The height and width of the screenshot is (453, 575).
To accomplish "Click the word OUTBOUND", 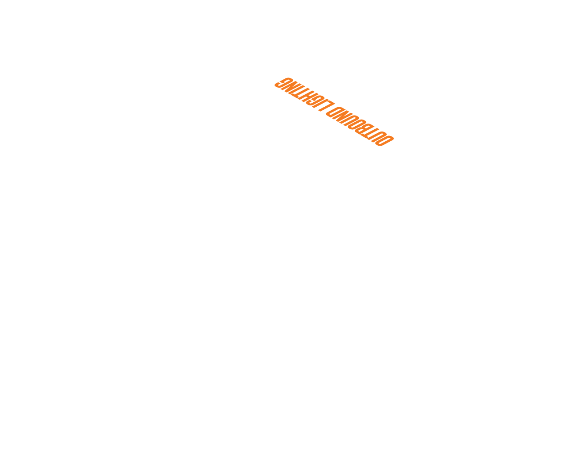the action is [360, 126].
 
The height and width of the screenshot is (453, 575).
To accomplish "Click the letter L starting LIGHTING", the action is [326, 106].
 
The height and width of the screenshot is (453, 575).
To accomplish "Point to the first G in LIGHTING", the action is [315, 100].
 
